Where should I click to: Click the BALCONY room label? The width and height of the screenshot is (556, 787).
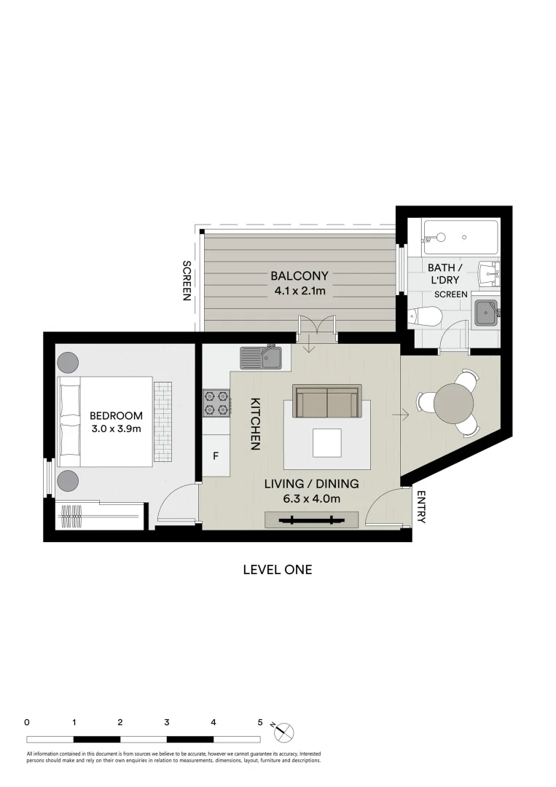[x=299, y=276]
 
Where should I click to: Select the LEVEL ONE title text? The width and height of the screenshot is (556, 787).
[x=277, y=570]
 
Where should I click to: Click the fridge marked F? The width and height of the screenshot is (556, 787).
[x=216, y=457]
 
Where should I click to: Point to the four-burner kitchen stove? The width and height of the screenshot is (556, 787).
[x=216, y=403]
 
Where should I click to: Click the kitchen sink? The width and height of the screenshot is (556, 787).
[x=261, y=357]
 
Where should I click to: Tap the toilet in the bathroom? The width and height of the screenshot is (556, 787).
[x=426, y=316]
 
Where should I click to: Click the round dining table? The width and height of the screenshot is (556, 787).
[x=453, y=402]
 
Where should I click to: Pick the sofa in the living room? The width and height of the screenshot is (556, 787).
[x=327, y=401]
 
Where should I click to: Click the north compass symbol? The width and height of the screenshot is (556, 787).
[x=283, y=730]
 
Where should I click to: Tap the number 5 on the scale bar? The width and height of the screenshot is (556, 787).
[x=260, y=723]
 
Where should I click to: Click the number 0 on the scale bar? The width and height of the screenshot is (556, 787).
[x=27, y=723]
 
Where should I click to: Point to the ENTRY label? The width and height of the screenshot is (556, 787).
[x=421, y=506]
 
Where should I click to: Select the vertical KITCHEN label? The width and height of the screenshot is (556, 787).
[x=256, y=423]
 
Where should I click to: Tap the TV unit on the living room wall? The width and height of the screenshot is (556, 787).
[x=311, y=520]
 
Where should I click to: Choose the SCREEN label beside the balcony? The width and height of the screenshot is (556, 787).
[x=187, y=281]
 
